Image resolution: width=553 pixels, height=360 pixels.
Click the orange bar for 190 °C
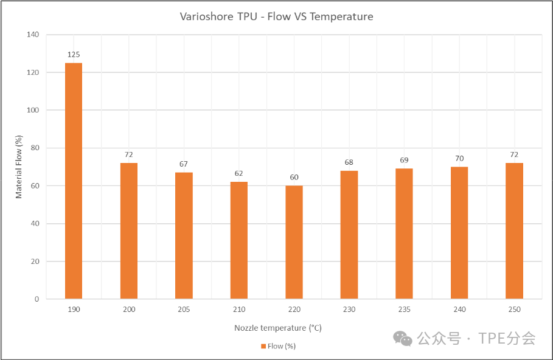click(74, 181)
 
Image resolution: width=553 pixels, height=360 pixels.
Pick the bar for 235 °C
click(404, 234)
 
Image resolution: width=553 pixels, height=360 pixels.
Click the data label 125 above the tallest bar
click(74, 55)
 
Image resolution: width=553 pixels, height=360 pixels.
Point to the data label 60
click(294, 178)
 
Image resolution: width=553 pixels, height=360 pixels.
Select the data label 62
click(239, 174)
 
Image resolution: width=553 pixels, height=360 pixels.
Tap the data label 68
click(349, 162)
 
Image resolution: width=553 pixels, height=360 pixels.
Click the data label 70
click(459, 159)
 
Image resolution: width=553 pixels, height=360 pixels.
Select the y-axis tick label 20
click(34, 261)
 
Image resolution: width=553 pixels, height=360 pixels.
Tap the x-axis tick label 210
click(239, 310)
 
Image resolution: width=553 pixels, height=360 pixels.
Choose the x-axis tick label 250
click(514, 310)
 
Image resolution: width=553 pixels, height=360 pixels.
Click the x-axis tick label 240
click(459, 310)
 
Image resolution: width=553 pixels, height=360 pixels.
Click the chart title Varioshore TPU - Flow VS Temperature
click(276, 16)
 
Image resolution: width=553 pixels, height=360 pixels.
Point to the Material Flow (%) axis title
click(19, 167)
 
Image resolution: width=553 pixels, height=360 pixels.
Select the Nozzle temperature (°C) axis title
click(277, 328)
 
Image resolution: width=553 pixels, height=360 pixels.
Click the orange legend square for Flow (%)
click(263, 346)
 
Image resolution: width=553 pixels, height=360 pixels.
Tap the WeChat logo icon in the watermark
click(402, 338)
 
